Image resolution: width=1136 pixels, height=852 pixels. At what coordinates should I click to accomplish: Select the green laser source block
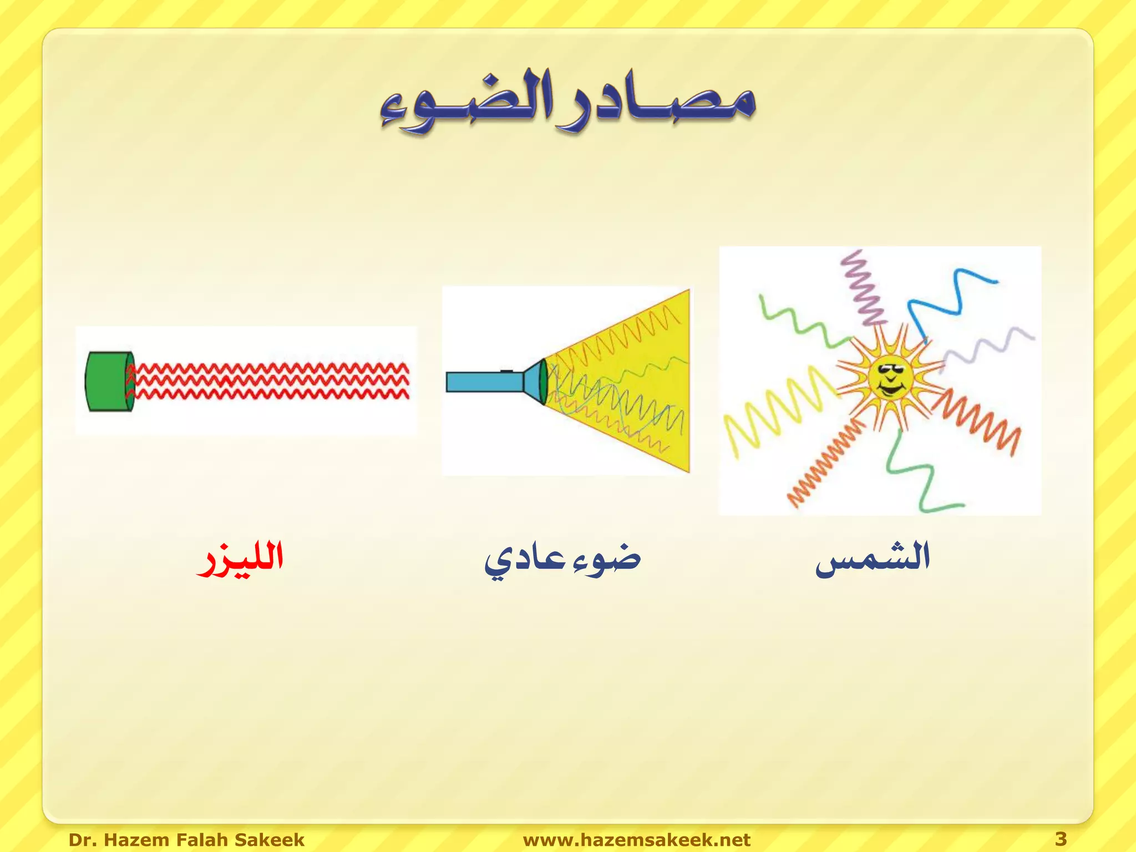(x=109, y=382)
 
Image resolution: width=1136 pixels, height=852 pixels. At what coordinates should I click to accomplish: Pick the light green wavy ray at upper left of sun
(x=799, y=322)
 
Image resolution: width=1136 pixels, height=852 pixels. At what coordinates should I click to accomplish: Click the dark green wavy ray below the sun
(x=915, y=477)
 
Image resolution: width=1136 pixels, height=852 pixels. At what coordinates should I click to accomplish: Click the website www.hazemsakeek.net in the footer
(x=636, y=839)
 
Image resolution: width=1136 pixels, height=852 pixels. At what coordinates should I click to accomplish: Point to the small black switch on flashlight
(x=506, y=370)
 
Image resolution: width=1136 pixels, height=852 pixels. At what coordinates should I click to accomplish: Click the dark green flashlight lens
(x=544, y=382)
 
